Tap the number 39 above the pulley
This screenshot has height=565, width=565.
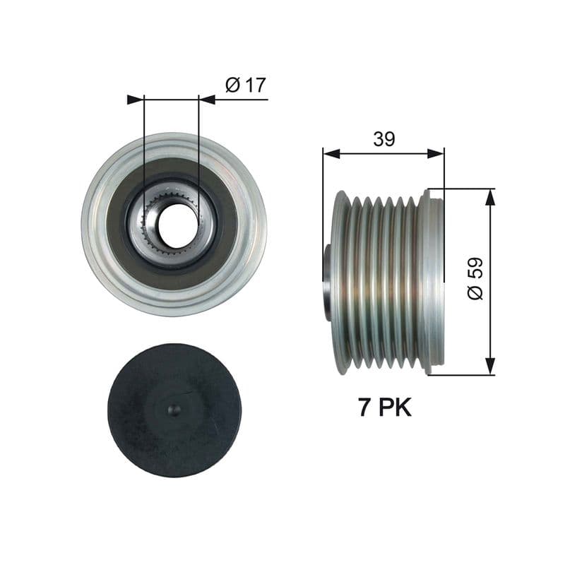click(383, 139)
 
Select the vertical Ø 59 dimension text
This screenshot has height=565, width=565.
click(475, 278)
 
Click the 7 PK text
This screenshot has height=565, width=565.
click(384, 408)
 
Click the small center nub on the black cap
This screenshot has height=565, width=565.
click(174, 410)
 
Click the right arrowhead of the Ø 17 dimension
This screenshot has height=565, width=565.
click(207, 100)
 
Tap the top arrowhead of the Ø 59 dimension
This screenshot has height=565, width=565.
click(489, 197)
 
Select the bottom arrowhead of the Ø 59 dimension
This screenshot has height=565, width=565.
click(489, 367)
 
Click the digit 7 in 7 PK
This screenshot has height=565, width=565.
click(364, 408)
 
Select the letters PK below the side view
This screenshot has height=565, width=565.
click(395, 408)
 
